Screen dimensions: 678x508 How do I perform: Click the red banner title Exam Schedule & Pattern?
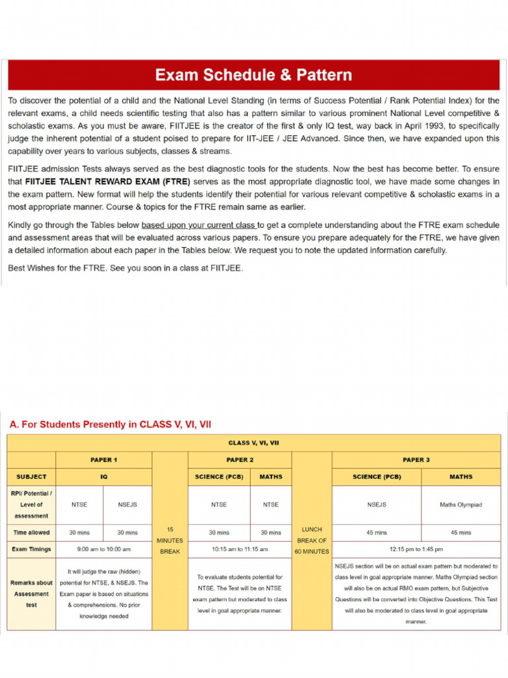pos(253,75)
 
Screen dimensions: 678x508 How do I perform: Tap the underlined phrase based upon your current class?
pos(198,225)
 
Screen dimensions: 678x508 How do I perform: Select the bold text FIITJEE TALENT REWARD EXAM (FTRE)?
pos(107,181)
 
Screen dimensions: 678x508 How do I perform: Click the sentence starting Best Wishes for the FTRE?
pos(125,268)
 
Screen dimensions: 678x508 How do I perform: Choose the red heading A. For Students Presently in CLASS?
pos(110,424)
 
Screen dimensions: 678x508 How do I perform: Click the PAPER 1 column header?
pos(104,460)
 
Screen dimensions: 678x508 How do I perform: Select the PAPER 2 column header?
pos(239,460)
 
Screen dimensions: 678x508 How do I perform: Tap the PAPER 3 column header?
pos(416,460)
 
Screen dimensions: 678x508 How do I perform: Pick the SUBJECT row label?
pos(31,477)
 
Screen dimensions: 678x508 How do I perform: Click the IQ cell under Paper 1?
pos(104,477)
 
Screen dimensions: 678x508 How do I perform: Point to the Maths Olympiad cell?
pos(460,505)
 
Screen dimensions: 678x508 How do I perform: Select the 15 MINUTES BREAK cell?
pos(170,540)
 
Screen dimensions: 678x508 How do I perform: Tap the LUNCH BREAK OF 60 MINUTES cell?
pos(312,540)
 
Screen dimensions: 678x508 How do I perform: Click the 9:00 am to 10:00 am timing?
pos(104,549)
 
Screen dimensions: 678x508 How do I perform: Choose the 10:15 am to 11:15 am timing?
pos(239,549)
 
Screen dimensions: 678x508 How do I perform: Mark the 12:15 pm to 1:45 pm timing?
pos(416,549)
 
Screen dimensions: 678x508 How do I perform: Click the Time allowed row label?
pos(31,532)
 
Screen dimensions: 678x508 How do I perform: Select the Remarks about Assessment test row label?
pos(31,594)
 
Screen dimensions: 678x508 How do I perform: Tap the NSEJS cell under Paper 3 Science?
pos(376,505)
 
